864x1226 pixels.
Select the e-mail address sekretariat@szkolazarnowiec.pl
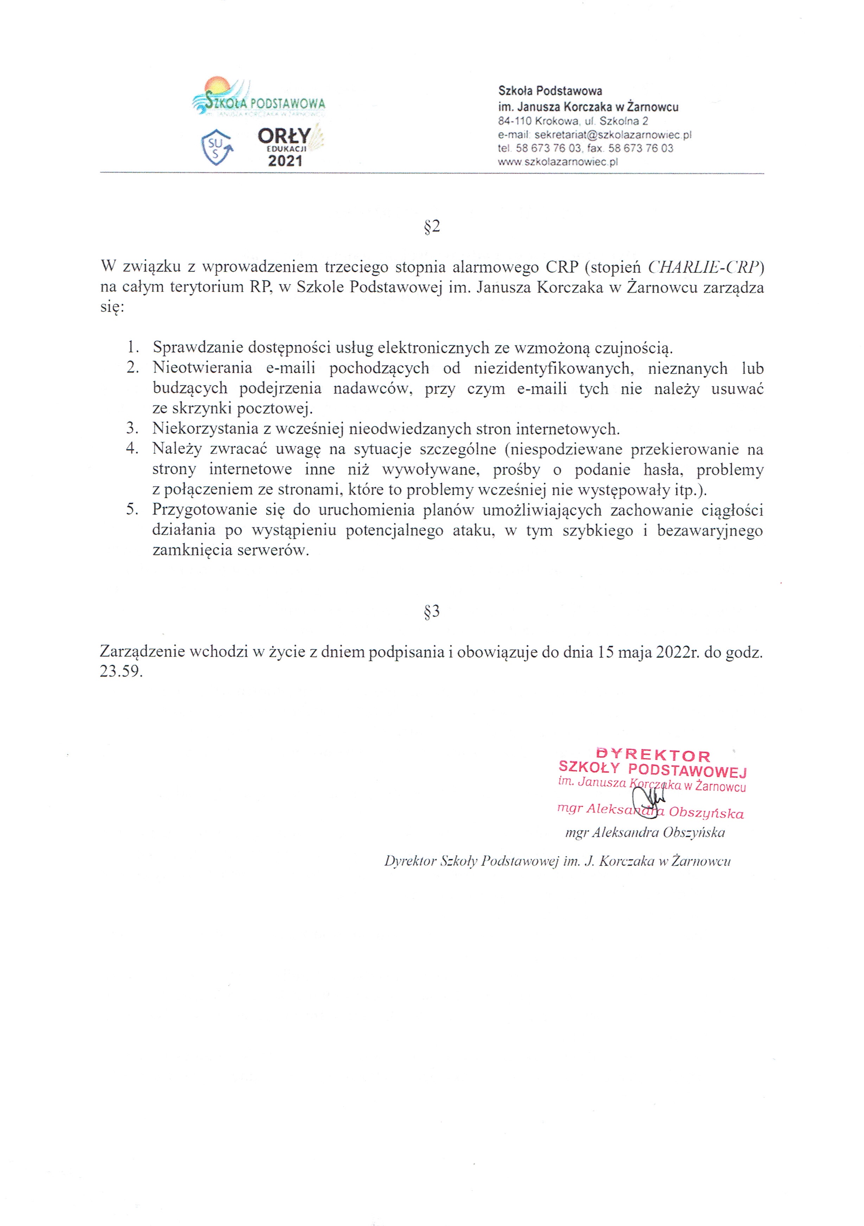[612, 135]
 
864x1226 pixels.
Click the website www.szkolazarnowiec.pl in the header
[558, 162]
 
